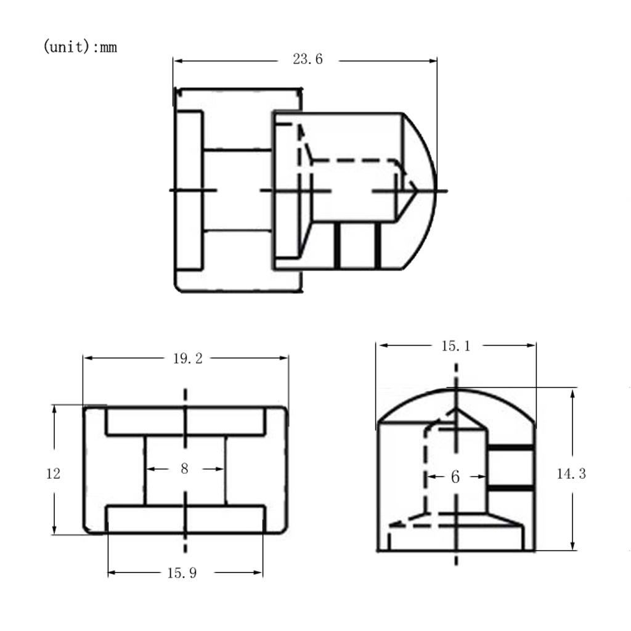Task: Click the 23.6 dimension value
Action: tap(307, 59)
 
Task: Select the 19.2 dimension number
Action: tap(187, 358)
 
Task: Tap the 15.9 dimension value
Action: tap(182, 572)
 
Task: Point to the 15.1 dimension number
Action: tap(456, 346)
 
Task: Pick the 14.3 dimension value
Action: tap(571, 474)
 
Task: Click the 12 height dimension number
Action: tap(53, 474)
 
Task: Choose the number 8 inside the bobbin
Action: tap(184, 468)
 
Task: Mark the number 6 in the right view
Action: tap(455, 477)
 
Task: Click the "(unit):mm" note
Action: tap(80, 47)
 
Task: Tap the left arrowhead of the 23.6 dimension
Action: tap(178, 61)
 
